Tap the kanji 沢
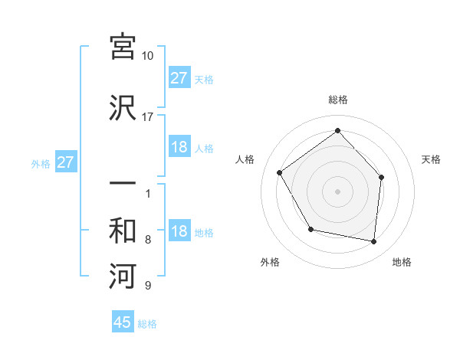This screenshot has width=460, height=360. tap(123, 107)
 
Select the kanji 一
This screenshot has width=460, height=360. tap(123, 185)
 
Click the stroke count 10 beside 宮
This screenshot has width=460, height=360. tap(148, 56)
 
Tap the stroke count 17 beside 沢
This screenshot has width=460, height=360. tap(148, 117)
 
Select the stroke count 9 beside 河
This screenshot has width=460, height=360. tap(148, 286)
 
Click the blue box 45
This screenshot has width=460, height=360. tap(123, 322)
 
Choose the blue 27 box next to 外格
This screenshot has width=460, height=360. tap(65, 162)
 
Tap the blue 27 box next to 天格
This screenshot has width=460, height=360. tap(179, 78)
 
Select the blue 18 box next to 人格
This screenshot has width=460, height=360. tap(179, 147)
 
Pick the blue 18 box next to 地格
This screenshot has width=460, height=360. tap(179, 232)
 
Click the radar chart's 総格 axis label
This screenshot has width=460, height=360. tap(337, 100)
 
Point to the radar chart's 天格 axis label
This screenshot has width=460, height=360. tap(431, 159)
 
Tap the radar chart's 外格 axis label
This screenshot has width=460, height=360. tap(270, 262)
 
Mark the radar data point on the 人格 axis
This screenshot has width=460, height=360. tap(280, 172)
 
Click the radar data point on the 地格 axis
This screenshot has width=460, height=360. tap(374, 241)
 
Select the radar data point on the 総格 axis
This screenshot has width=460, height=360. tap(337, 130)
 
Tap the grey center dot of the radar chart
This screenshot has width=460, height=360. tap(337, 191)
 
